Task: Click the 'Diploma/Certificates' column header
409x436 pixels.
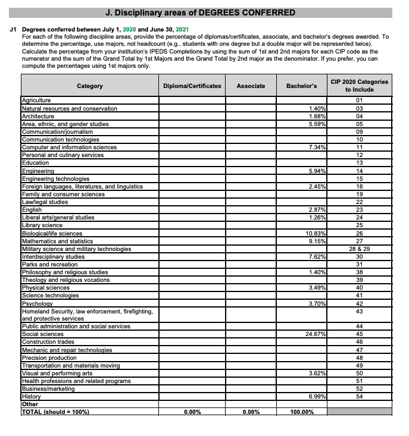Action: (x=192, y=86)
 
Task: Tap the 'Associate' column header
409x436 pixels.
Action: (x=251, y=86)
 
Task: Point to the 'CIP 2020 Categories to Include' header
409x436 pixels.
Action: (x=359, y=86)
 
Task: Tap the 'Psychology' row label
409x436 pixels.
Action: (x=36, y=303)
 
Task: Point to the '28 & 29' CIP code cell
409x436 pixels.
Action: (x=359, y=249)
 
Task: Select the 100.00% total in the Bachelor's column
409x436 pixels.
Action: (x=302, y=412)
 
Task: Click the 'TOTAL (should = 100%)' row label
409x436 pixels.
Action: (x=55, y=412)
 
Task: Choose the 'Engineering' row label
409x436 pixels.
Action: (x=38, y=171)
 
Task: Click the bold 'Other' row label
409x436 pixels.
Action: (x=30, y=404)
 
